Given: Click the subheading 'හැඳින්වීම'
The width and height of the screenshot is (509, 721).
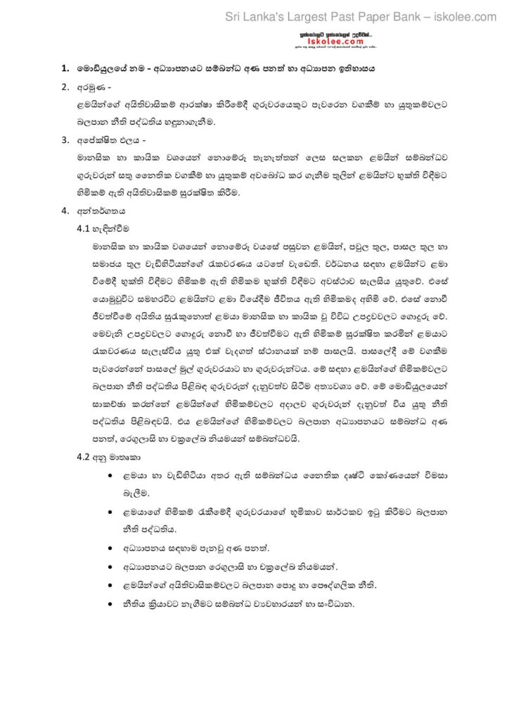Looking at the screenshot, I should (112, 229).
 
